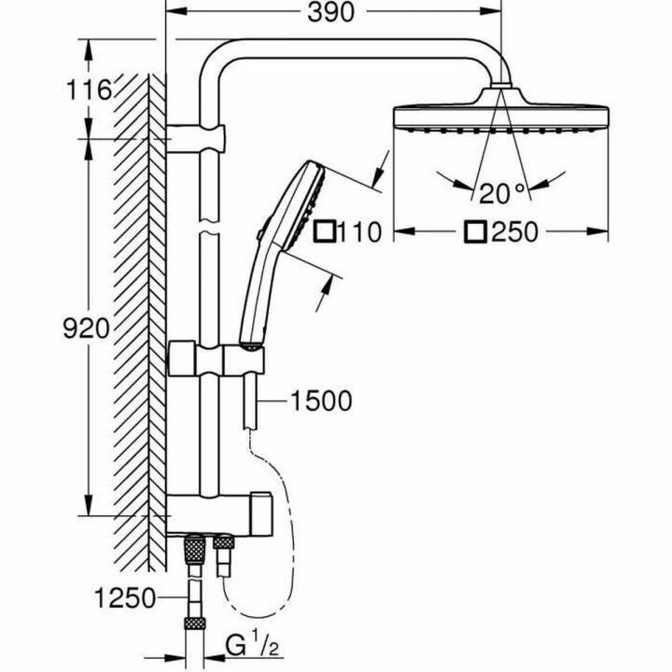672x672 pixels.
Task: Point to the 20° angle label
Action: coord(503,193)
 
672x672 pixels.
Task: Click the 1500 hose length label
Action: coord(320,401)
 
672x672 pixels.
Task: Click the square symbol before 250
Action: coord(479,231)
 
